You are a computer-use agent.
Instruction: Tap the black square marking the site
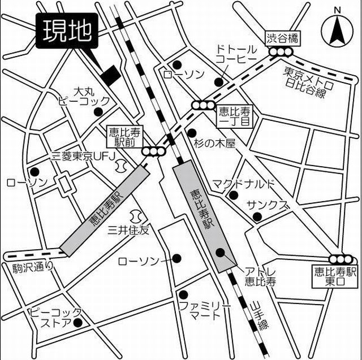click(109, 73)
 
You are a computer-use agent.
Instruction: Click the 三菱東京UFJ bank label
click(83, 154)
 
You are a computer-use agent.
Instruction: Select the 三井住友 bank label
click(129, 230)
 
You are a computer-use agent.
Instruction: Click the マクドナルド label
click(243, 184)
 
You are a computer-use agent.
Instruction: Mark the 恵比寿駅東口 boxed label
click(337, 277)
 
